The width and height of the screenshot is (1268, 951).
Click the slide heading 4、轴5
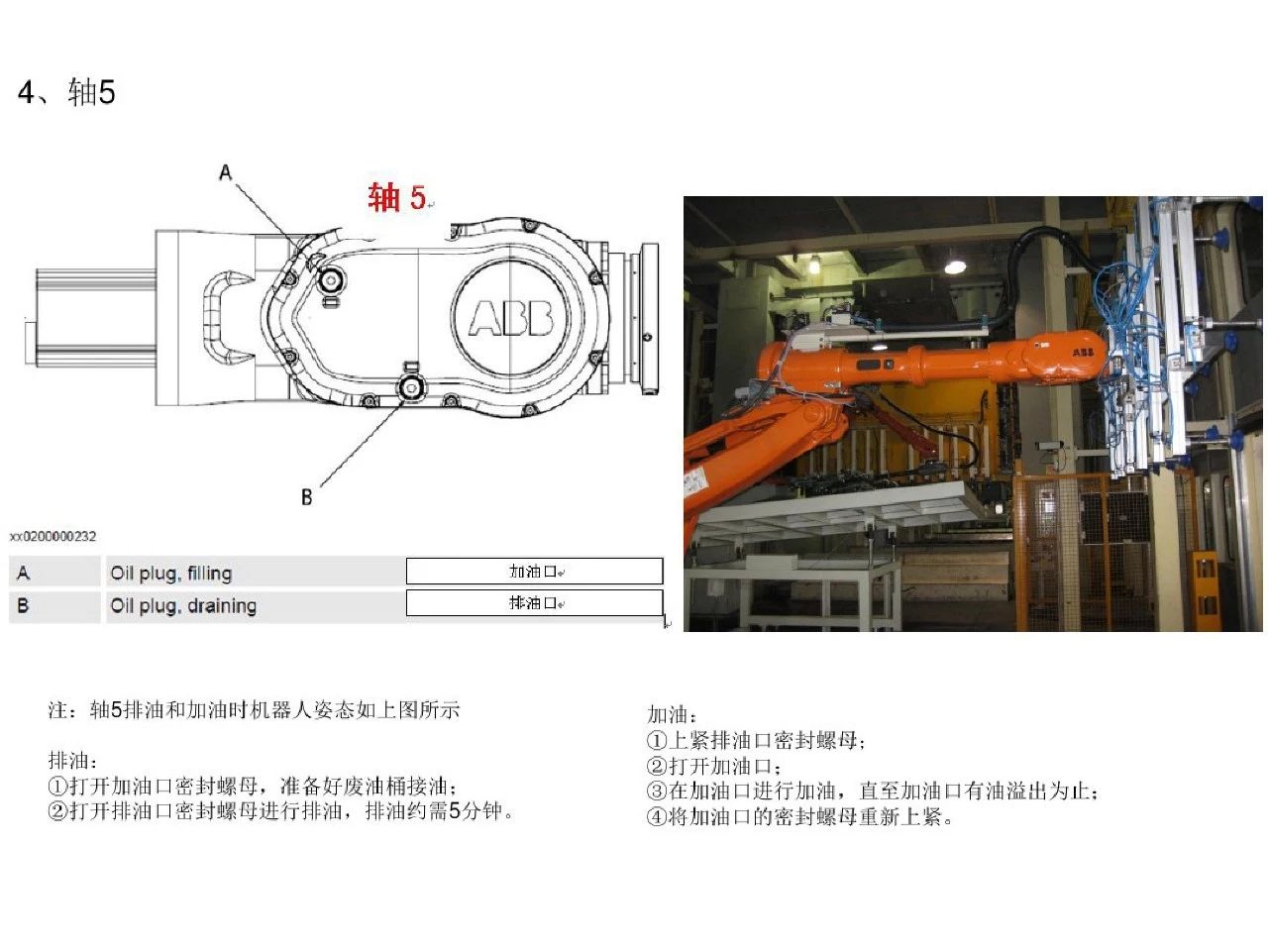click(x=67, y=93)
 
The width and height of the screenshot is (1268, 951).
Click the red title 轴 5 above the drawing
click(x=396, y=197)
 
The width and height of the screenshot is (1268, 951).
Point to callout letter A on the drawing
click(x=226, y=172)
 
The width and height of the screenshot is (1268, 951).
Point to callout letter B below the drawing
click(x=306, y=496)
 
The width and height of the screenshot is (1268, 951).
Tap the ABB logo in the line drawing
click(x=510, y=317)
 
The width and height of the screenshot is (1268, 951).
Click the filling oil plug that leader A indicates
click(x=330, y=281)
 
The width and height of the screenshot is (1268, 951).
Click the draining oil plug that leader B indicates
click(x=409, y=388)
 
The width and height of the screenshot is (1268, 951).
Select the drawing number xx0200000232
click(x=53, y=536)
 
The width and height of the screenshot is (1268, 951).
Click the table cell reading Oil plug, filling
click(x=170, y=573)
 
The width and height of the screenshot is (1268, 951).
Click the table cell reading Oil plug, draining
click(x=183, y=605)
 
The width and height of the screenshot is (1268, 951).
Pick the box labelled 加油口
click(x=534, y=571)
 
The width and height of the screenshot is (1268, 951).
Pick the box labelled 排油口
click(x=534, y=602)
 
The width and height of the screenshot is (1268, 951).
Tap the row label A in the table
click(x=24, y=573)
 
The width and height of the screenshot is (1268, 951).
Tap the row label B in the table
click(x=24, y=605)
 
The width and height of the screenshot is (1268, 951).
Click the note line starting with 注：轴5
click(x=254, y=710)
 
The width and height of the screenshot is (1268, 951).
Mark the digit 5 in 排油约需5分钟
click(x=455, y=811)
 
